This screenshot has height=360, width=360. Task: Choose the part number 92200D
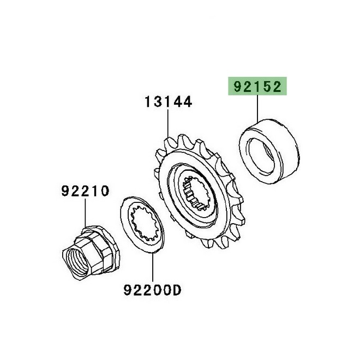coord(151,291)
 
